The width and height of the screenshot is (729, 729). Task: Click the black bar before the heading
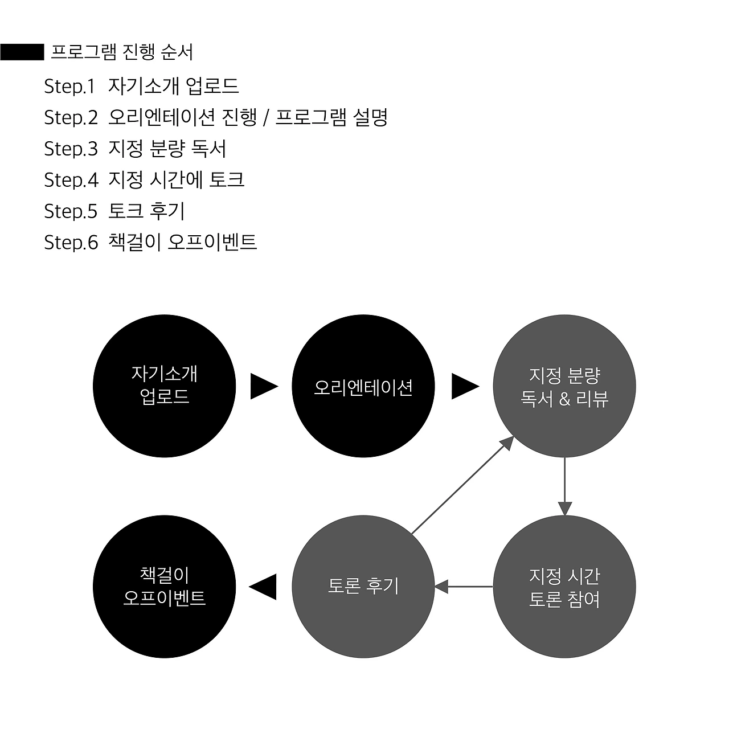22,52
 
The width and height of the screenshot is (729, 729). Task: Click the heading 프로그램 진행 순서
122,52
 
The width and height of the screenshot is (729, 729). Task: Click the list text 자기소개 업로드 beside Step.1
173,87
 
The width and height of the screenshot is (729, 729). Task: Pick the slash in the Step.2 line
265,118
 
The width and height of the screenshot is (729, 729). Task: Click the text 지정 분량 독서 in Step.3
167,149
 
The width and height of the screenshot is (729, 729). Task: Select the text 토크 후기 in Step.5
146,211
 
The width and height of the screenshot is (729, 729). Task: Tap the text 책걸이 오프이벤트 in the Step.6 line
182,243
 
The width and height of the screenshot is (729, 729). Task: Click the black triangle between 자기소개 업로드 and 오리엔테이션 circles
264,387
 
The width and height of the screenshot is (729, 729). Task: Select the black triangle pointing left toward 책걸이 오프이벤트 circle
264,587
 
